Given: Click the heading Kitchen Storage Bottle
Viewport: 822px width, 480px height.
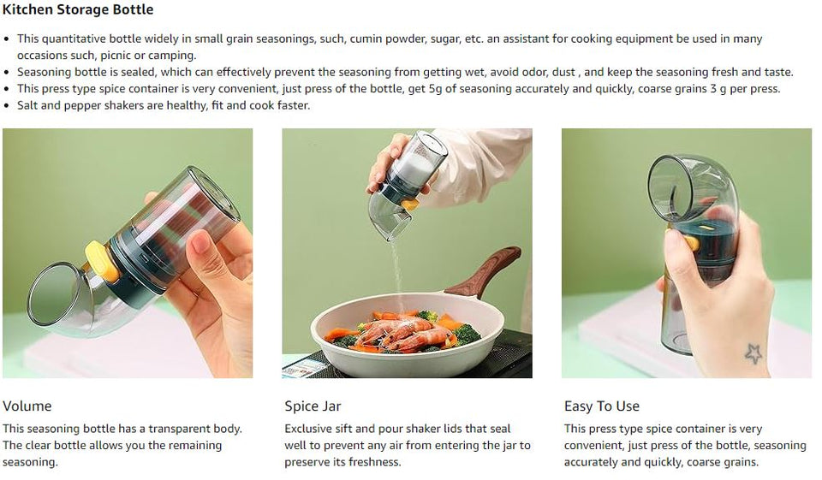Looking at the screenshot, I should (78, 10).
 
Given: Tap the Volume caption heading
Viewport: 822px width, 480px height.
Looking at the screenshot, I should (27, 406).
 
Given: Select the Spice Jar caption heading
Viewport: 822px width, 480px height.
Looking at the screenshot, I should (313, 406).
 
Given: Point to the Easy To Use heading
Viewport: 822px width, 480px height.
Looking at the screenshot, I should (601, 406).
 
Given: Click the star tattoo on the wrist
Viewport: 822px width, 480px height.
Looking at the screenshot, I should (754, 353).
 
